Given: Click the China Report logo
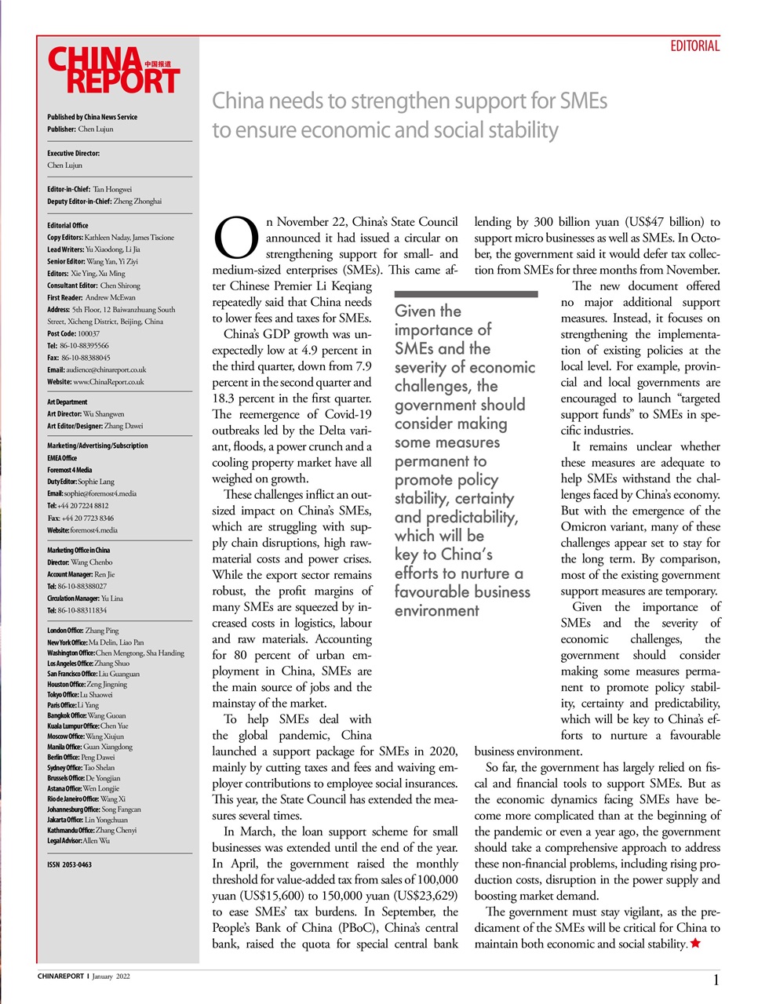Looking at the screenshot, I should (113, 71).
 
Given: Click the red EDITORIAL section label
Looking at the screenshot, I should (694, 46).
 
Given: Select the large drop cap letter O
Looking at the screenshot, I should (236, 238).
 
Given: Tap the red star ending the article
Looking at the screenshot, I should (695, 944).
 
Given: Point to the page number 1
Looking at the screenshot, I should (716, 980).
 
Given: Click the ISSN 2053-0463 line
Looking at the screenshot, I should (69, 864).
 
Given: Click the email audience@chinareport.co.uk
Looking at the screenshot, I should (97, 369).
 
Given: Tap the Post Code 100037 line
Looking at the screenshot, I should (73, 333).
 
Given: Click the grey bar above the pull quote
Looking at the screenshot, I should (465, 294).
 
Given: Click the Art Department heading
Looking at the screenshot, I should (67, 402).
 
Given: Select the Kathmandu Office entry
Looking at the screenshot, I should (91, 830).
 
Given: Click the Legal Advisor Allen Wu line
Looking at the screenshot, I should (78, 840).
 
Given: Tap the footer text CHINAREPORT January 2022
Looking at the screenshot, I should (84, 977).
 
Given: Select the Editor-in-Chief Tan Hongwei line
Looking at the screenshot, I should (89, 189).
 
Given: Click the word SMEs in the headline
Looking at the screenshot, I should (583, 101).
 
